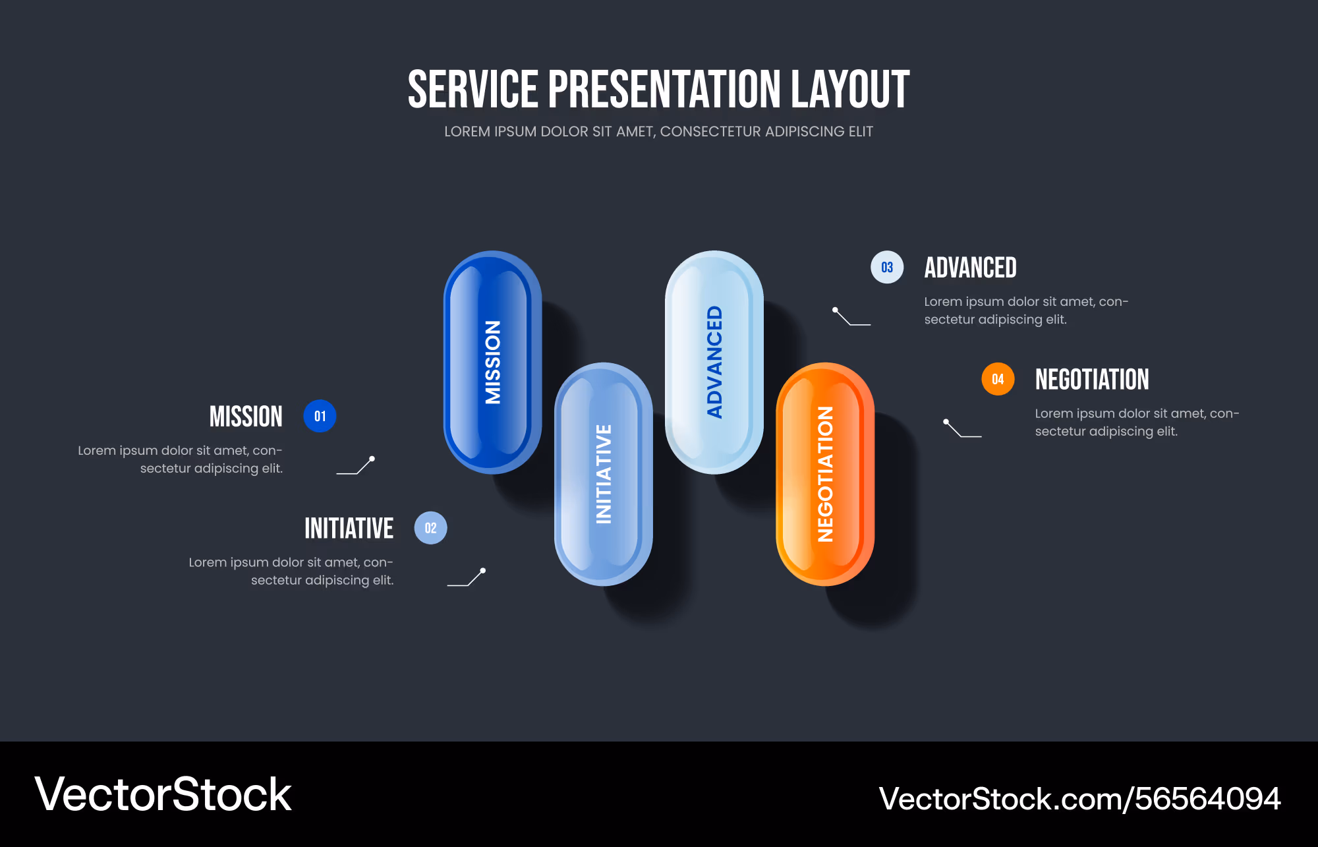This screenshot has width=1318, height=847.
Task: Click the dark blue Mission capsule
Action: pos(492,362)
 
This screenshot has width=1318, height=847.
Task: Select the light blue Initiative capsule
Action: pos(603,474)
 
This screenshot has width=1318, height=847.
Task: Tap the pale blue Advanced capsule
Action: pos(714,362)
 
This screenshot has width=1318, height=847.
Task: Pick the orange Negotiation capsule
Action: pos(824,474)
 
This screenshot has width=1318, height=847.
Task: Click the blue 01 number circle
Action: pos(320,417)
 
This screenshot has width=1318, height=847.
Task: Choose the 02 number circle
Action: pos(430,528)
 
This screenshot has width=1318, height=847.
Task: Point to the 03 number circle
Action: pos(887,268)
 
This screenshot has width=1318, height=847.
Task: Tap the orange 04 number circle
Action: pos(998,379)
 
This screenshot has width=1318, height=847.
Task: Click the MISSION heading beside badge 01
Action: pos(246,417)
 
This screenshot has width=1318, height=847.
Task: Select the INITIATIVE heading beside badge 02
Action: pos(349,528)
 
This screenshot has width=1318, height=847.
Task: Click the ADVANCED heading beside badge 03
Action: pos(970,268)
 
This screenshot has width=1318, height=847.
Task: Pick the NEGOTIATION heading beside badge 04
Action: pos(1092,379)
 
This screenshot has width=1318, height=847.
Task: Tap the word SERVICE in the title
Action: pos(473,90)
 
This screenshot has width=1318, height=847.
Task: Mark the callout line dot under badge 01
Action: pos(372,459)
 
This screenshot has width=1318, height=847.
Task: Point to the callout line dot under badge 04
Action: pos(946,421)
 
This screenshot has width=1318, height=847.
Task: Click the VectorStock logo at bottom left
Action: pos(163,794)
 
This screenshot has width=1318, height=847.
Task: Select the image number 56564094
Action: pos(1207,799)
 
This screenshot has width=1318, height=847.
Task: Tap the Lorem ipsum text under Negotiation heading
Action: pos(1137,423)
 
